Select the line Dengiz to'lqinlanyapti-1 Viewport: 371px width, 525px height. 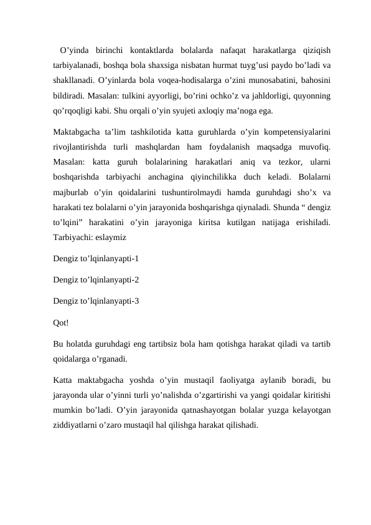coord(96,258)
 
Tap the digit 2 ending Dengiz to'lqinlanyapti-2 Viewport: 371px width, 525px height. coord(136,280)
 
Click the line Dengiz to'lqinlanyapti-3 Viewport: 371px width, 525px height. coord(96,302)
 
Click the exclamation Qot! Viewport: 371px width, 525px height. coord(62,323)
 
